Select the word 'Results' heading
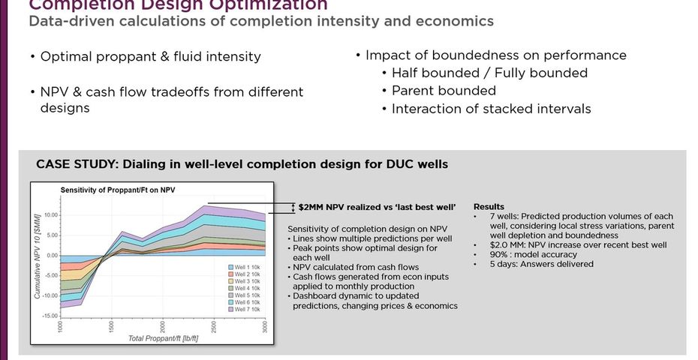point(489,206)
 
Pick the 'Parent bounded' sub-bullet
point(444,91)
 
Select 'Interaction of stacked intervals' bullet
point(491,109)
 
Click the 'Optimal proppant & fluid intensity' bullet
point(150,57)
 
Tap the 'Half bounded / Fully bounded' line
point(489,73)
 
